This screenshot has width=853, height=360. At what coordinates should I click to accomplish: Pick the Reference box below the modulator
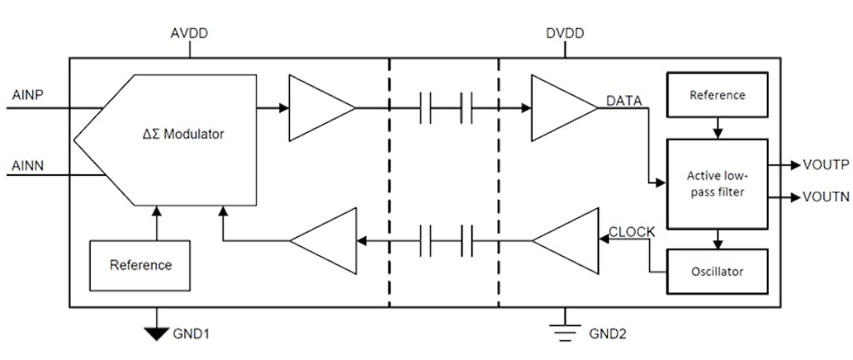tap(141, 266)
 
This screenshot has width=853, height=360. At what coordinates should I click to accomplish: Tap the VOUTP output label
tap(821, 165)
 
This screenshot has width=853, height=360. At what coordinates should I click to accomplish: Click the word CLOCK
tap(634, 233)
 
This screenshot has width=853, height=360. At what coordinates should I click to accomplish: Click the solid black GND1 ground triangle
tap(157, 332)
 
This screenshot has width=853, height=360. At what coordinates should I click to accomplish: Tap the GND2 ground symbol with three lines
tap(565, 330)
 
